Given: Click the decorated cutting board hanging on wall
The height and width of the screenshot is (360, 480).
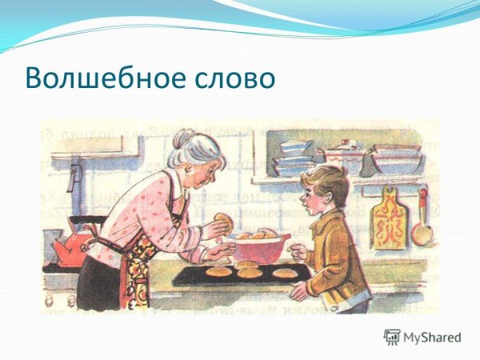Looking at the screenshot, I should tap(390, 218).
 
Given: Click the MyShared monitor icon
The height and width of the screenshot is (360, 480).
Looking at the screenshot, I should tap(391, 337).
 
